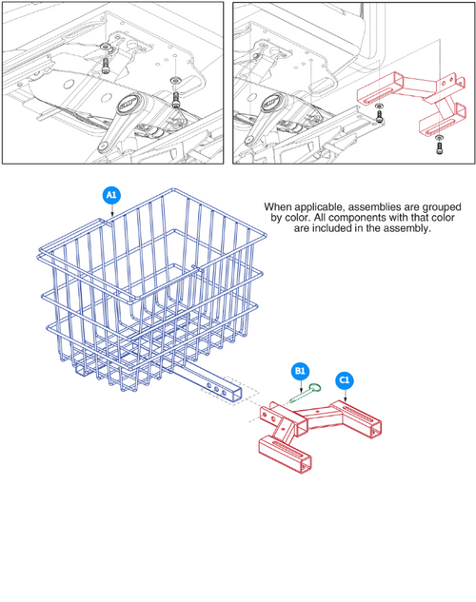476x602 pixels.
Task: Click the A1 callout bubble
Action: point(111,195)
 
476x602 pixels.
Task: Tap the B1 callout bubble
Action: point(299,371)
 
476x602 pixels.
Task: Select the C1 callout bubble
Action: point(344,381)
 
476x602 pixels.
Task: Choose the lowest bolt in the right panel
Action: point(438,146)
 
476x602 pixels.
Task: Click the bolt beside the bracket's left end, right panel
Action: point(379,116)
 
